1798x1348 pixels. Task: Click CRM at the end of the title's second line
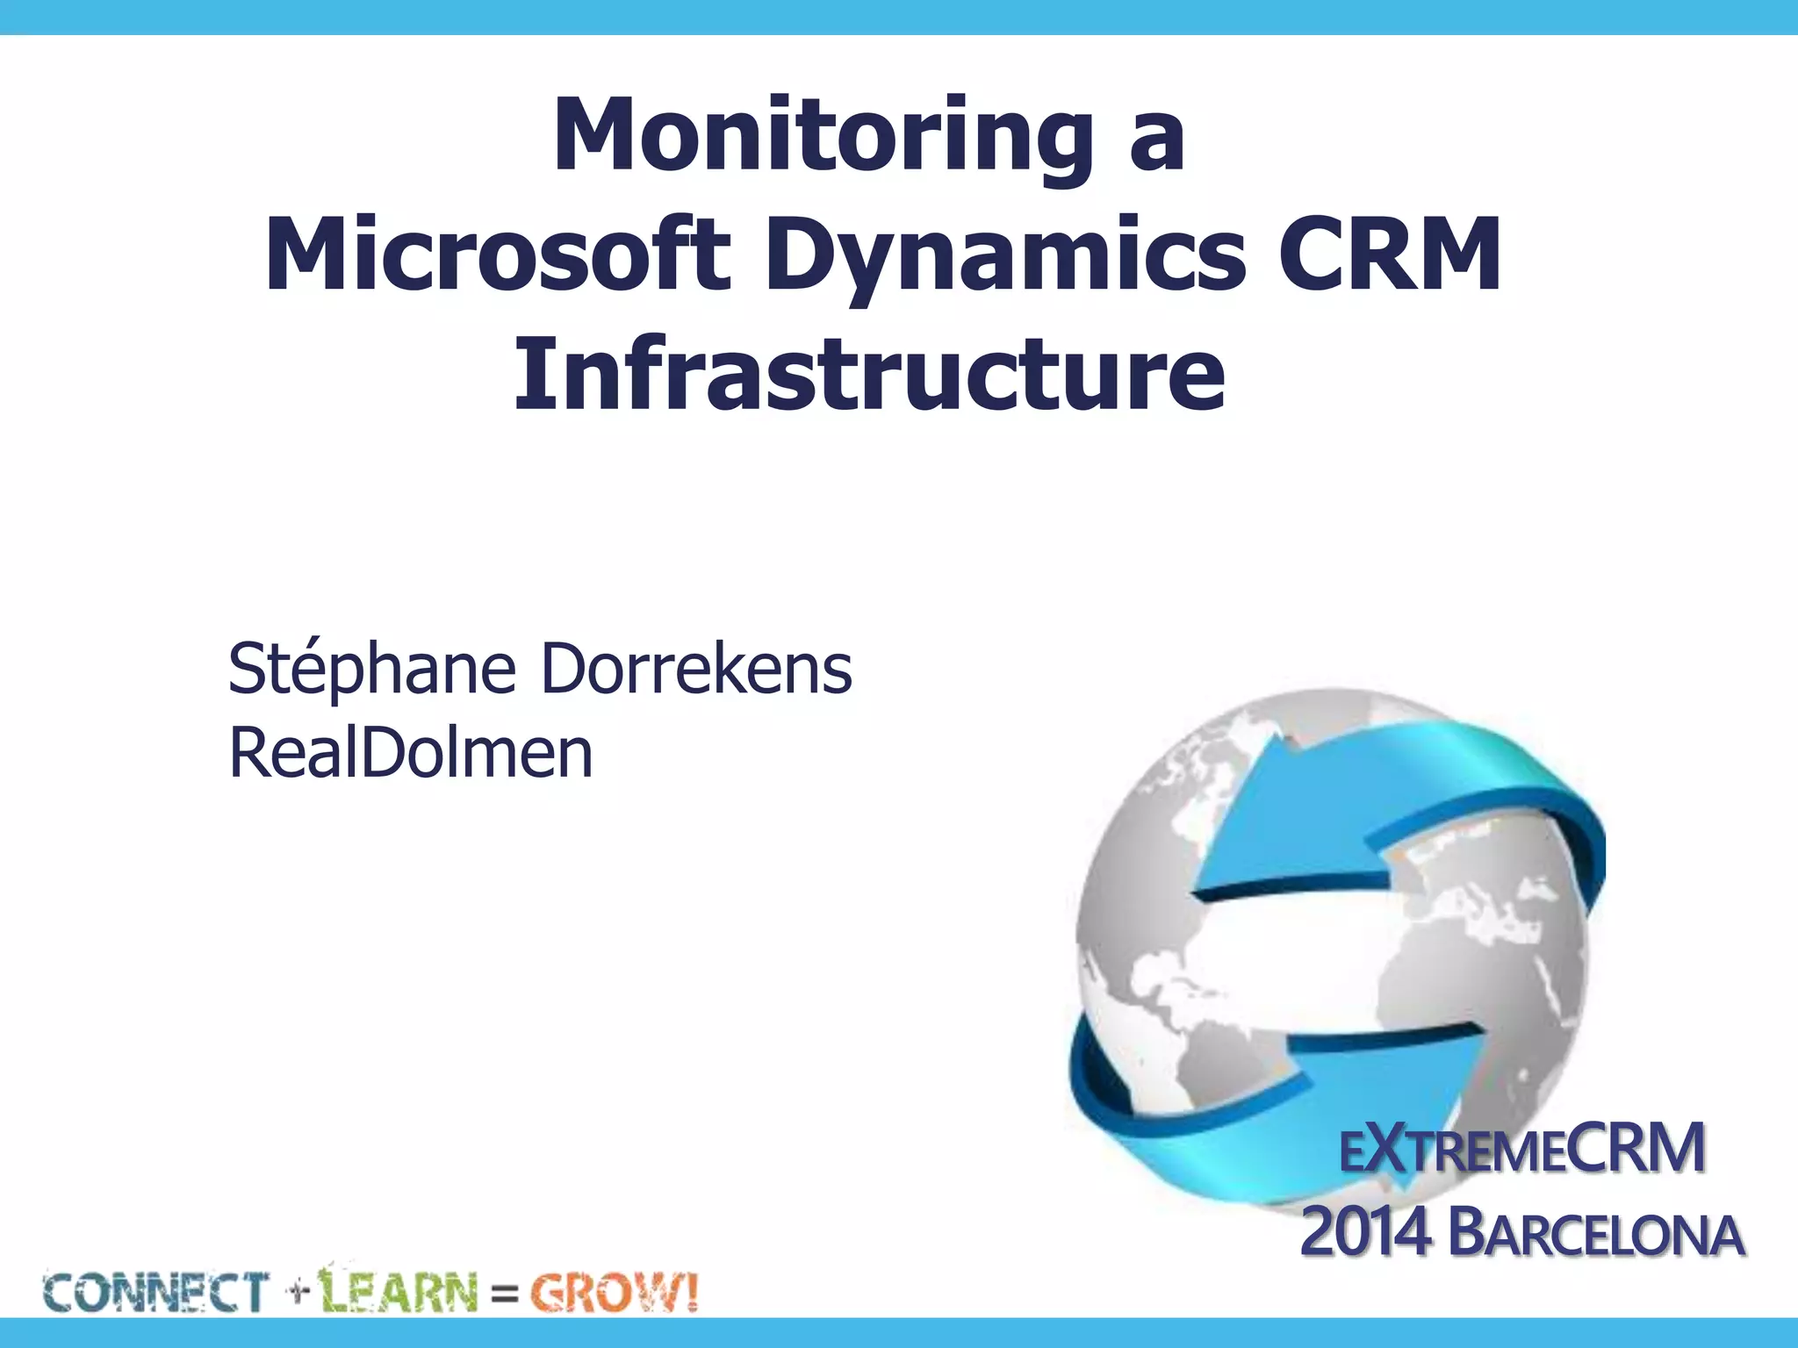coord(1389,255)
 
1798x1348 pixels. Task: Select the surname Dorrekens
coord(695,669)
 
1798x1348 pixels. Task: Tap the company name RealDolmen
coord(411,753)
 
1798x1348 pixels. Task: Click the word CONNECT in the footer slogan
coord(155,1293)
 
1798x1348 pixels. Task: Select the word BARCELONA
coord(1595,1234)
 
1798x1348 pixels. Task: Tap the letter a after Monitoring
coord(1156,140)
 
